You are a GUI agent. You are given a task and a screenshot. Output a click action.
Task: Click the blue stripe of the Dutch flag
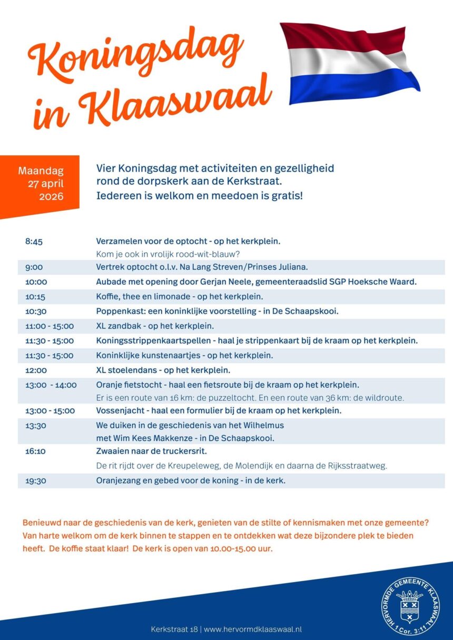point(353,87)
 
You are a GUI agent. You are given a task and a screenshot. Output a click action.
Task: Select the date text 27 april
point(46,184)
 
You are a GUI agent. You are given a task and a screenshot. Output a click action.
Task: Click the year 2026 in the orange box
point(51,197)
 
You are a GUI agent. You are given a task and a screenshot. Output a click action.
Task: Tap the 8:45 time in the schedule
point(34,242)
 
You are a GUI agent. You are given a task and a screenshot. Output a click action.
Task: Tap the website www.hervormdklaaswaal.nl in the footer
point(253,629)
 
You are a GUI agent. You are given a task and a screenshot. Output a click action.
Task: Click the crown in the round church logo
point(410,596)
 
